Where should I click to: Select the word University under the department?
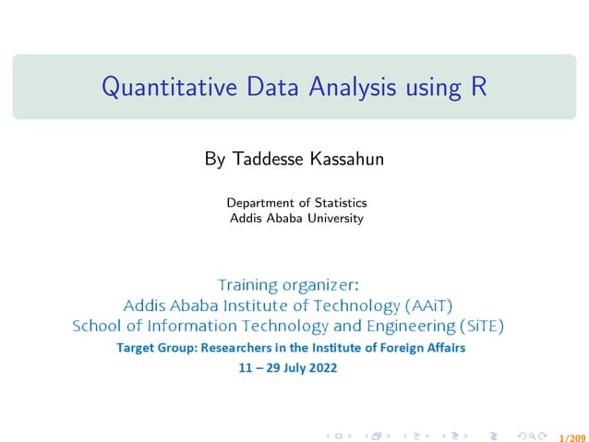[x=334, y=219]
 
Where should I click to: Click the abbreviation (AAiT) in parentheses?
[x=429, y=305]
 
